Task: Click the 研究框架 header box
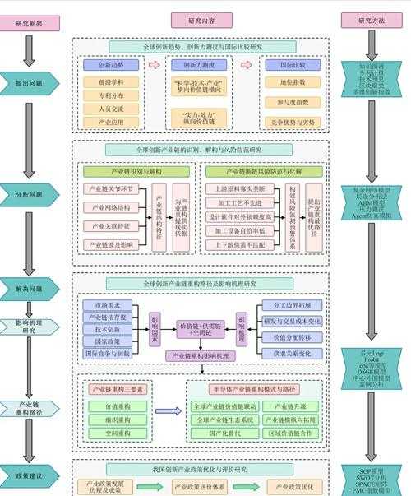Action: (30, 21)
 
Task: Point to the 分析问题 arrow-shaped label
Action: (30, 194)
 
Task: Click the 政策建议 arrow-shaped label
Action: (30, 475)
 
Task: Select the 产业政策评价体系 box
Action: (201, 487)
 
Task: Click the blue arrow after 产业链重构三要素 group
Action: (169, 411)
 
